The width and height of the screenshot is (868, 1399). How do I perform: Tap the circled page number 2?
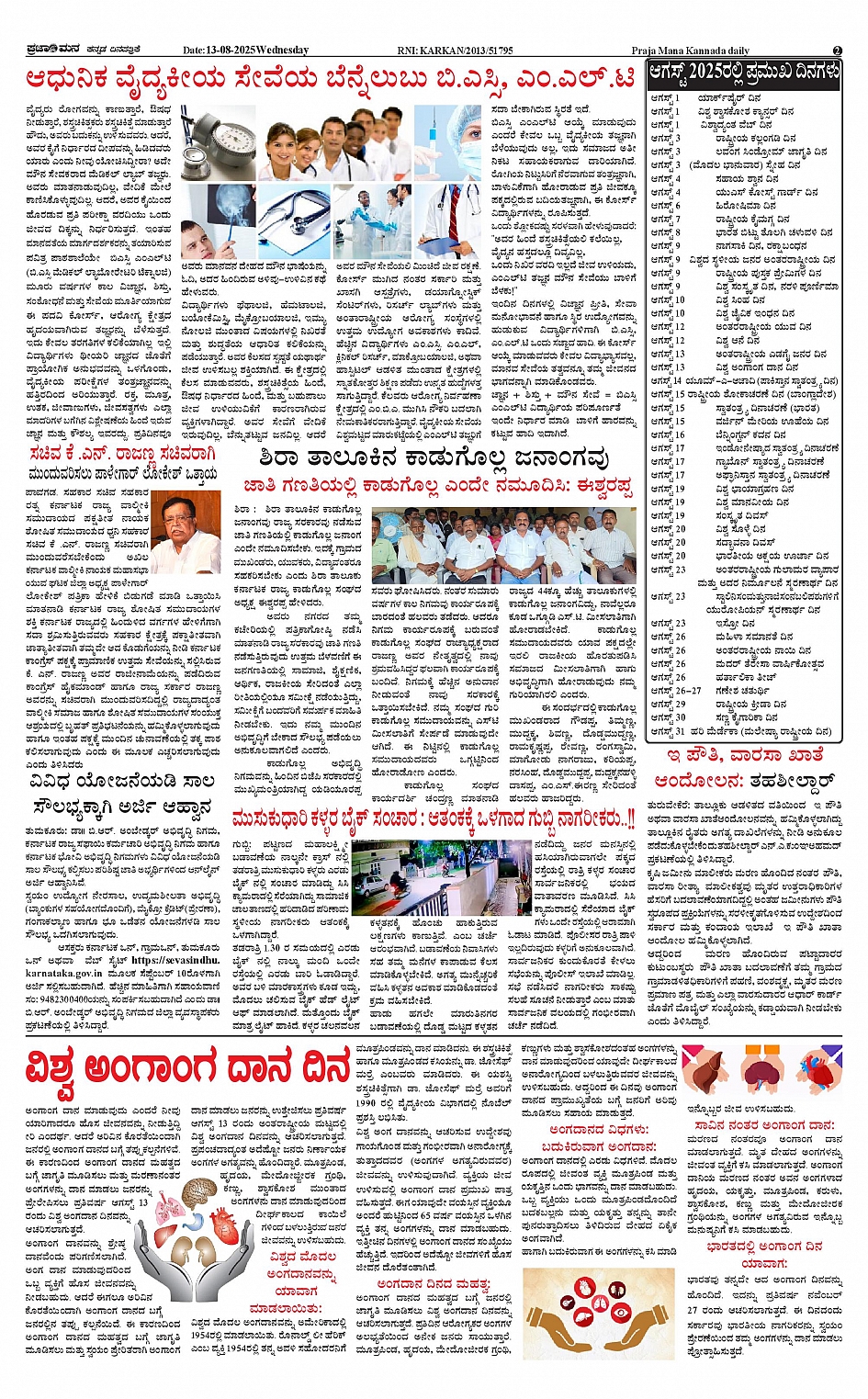[x=837, y=51]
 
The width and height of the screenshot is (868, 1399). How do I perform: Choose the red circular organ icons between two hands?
[x=587, y=1328]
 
